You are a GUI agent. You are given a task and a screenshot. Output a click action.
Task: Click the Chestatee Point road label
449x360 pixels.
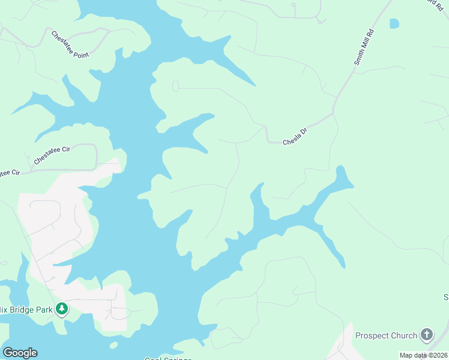(70, 44)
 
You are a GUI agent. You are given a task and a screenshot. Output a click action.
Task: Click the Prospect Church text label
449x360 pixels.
(386, 335)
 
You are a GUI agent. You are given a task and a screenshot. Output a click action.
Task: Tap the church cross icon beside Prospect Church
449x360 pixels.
(427, 334)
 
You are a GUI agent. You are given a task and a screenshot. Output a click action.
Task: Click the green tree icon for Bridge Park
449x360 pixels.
(61, 309)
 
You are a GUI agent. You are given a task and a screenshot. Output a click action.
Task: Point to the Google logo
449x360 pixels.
(20, 353)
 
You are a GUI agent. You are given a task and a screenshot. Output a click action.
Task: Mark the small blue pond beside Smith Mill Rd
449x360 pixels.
(394, 23)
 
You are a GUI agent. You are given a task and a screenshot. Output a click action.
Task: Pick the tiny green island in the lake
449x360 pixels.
(113, 345)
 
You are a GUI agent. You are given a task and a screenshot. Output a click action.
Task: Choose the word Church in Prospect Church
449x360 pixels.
(403, 335)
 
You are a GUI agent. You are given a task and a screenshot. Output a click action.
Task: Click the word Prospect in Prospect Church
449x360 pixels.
(372, 335)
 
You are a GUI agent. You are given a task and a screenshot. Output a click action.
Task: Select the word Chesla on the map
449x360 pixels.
(291, 142)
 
